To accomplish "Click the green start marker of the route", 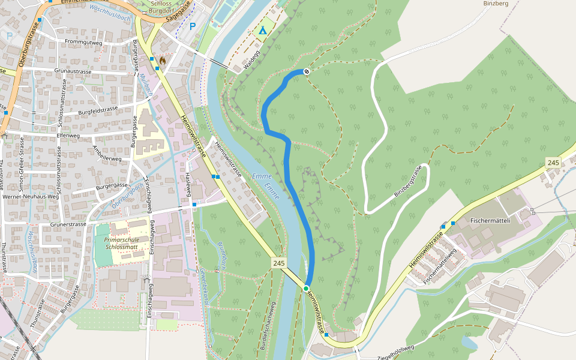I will [x=306, y=289].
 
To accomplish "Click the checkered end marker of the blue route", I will [x=307, y=71].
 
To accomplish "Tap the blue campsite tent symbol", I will [x=262, y=30].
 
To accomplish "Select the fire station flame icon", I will [x=162, y=60].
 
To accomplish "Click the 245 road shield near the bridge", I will [x=278, y=263].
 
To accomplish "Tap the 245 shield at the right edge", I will [x=553, y=163].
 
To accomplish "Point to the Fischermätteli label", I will [x=490, y=220].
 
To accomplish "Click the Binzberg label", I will [x=496, y=4].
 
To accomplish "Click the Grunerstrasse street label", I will [x=66, y=224].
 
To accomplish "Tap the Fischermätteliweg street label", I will [x=440, y=266].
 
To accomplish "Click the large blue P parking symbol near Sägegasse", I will [x=193, y=26].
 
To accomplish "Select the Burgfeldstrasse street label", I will [x=98, y=110].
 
